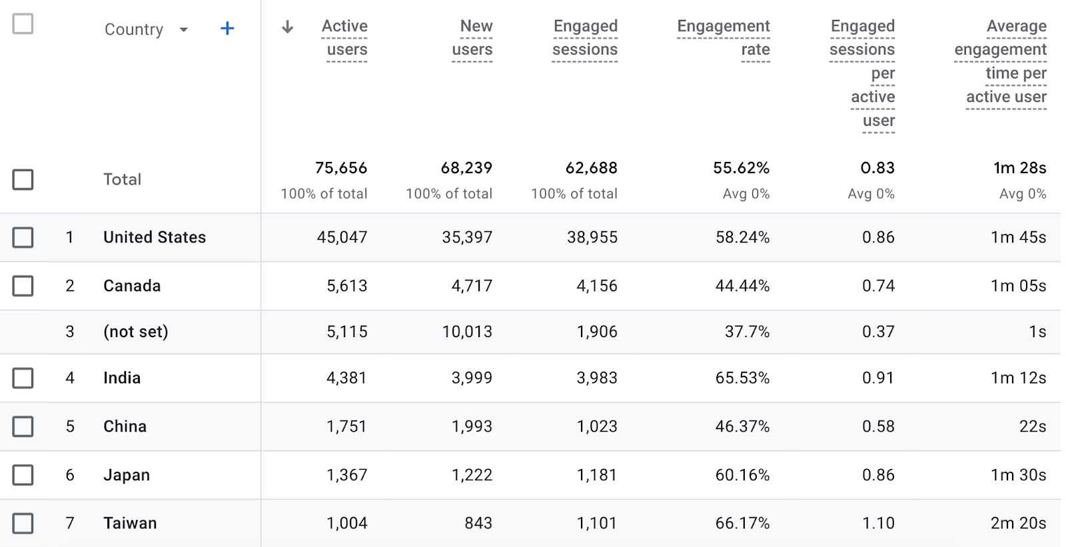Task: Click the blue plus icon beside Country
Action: [x=227, y=29]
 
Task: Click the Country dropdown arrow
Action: [x=184, y=29]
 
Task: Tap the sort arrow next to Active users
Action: [x=287, y=27]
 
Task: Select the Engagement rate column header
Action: [x=723, y=38]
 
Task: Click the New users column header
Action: [x=472, y=38]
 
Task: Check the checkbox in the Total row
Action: [x=23, y=179]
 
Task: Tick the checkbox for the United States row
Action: [x=23, y=237]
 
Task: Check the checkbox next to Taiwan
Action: [x=23, y=523]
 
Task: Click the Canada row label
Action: [x=132, y=286]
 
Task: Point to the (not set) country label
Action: [x=136, y=332]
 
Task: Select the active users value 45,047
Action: [x=342, y=237]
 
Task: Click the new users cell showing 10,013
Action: [x=467, y=332]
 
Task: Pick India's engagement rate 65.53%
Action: [x=742, y=378]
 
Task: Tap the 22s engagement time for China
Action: [x=1032, y=426]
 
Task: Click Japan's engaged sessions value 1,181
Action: [x=597, y=475]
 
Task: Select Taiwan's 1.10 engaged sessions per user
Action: [x=878, y=523]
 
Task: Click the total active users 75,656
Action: [x=341, y=168]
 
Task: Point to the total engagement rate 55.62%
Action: [x=741, y=168]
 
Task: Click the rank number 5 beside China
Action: [x=70, y=426]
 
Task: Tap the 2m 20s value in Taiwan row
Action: [x=1018, y=523]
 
